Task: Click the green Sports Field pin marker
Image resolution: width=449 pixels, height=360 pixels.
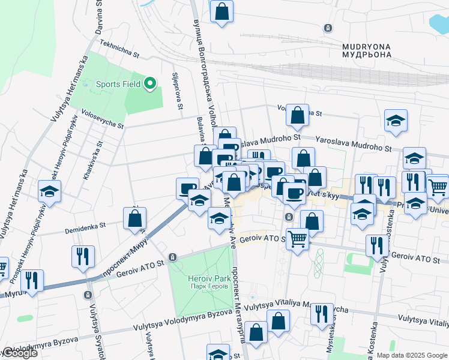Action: [151, 84]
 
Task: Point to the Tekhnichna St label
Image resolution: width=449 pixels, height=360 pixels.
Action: [119, 49]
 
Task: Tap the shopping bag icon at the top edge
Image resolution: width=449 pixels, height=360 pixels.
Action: [221, 11]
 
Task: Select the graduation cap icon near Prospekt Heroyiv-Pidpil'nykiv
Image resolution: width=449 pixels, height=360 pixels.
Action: [49, 192]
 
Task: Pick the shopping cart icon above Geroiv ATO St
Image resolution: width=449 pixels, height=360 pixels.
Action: [297, 239]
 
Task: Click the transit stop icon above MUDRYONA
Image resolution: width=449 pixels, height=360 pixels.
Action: [327, 28]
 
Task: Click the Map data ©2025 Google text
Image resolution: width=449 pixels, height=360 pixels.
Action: [412, 355]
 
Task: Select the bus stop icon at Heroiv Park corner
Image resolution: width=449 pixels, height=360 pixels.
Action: [173, 257]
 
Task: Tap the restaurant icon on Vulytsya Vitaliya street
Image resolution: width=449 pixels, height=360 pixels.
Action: [322, 313]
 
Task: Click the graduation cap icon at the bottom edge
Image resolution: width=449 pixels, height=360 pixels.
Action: [218, 353]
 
